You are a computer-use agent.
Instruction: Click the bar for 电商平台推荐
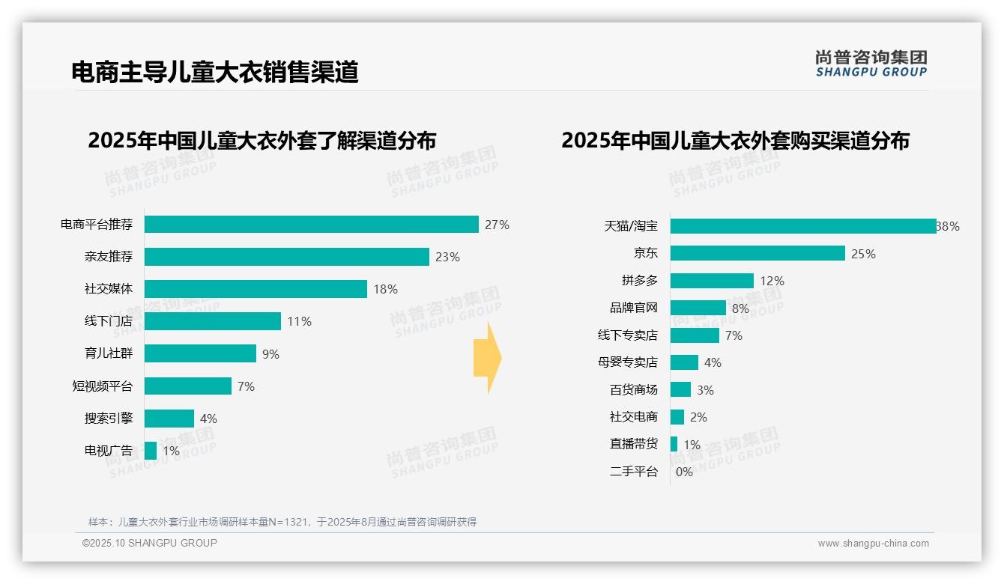311,225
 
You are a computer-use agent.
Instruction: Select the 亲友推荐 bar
286,257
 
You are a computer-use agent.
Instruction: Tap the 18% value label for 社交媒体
385,290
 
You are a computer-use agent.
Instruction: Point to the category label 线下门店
108,321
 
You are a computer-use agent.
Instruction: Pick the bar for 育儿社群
200,353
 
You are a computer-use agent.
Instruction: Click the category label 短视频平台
102,386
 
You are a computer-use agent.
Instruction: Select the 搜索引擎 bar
169,419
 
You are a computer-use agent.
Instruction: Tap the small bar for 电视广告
151,451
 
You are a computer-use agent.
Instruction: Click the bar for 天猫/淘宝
802,226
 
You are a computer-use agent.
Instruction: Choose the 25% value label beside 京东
863,254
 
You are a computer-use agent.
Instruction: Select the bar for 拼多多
712,281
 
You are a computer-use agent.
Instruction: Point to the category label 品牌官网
633,308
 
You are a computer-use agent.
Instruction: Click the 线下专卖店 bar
695,335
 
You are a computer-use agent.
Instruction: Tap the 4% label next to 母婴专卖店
713,363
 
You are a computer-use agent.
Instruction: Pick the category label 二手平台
633,472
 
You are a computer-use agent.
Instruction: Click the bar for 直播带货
674,444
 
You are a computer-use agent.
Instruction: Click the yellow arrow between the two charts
487,358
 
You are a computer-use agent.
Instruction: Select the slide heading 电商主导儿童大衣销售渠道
215,72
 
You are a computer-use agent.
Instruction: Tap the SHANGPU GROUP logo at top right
871,64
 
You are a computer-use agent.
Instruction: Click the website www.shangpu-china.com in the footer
873,544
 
